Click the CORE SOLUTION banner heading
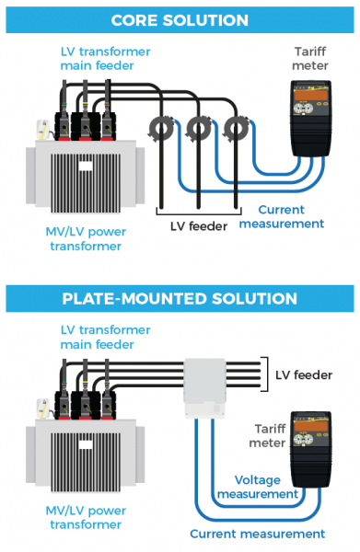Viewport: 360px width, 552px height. [180, 20]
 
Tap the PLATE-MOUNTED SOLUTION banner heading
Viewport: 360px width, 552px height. [180, 298]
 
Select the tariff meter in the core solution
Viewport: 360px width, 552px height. [310, 119]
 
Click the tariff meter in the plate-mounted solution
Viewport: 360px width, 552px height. [310, 449]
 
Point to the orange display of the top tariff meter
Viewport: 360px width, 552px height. [311, 95]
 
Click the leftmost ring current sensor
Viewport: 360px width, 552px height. [162, 129]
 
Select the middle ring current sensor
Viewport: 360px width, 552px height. [199, 129]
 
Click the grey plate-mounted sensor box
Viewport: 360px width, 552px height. [205, 388]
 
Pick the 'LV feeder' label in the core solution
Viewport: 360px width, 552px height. [199, 226]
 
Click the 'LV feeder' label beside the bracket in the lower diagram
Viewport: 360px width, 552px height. [304, 375]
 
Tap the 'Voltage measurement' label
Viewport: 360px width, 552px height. [258, 487]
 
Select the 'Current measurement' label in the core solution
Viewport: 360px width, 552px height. [282, 216]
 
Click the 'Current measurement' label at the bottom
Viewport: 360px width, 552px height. [258, 534]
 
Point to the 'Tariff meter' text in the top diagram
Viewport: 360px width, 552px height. [310, 59]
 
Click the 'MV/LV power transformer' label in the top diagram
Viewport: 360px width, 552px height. [86, 238]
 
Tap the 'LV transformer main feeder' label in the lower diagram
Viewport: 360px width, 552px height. [105, 337]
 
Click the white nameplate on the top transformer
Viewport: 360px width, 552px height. [86, 166]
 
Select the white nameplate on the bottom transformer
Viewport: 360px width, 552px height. [86, 444]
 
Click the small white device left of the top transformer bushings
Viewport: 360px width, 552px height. [43, 131]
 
